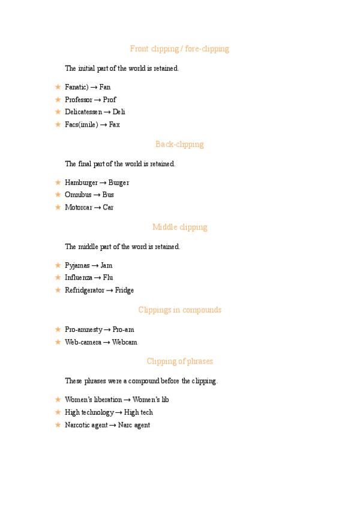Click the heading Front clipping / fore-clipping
pyautogui.click(x=179, y=49)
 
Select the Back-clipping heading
pyautogui.click(x=179, y=144)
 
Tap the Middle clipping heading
pyautogui.click(x=179, y=227)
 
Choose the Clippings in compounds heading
pyautogui.click(x=179, y=310)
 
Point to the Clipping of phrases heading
pyautogui.click(x=179, y=361)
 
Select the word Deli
pyautogui.click(x=119, y=112)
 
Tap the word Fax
pyautogui.click(x=114, y=125)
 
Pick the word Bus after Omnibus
pyautogui.click(x=108, y=195)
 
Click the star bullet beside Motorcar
pyautogui.click(x=58, y=207)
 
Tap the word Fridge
pyautogui.click(x=124, y=291)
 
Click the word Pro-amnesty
pyautogui.click(x=83, y=330)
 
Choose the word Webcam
pyautogui.click(x=124, y=342)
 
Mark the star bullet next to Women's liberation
pyautogui.click(x=58, y=399)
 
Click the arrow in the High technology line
pyautogui.click(x=119, y=412)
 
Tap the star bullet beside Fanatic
pyautogui.click(x=58, y=87)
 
